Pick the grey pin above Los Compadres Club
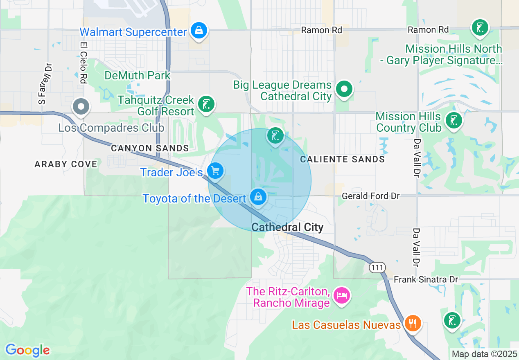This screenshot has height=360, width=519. click(81, 106)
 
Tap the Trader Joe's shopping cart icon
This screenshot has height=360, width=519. click(215, 171)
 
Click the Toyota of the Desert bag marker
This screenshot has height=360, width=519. click(258, 197)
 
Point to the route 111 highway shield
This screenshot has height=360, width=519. click(377, 268)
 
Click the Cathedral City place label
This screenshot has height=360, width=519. click(287, 227)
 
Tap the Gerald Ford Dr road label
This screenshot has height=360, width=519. click(371, 196)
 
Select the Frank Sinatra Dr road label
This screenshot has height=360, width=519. click(426, 280)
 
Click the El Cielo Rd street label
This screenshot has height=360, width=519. click(84, 63)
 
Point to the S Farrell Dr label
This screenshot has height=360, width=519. click(45, 84)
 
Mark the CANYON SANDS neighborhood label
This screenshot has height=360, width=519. click(150, 148)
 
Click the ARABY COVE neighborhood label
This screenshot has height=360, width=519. click(66, 164)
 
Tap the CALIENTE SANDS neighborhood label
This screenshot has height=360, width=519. click(343, 159)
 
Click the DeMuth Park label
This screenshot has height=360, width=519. click(138, 76)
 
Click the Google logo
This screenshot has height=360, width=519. click(27, 350)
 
